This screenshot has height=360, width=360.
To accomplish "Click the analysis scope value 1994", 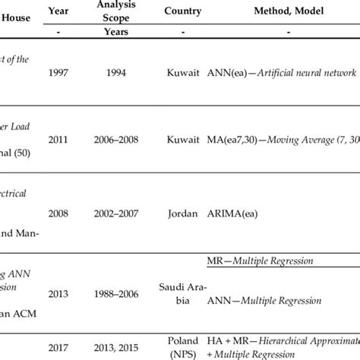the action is [x=116, y=72].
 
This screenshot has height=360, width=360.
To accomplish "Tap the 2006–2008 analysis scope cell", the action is [x=116, y=140].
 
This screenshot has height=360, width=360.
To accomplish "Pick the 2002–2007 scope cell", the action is [x=116, y=214].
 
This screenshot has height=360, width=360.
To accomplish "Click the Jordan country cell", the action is [x=182, y=214].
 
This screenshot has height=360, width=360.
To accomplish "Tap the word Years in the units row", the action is [x=116, y=33].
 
